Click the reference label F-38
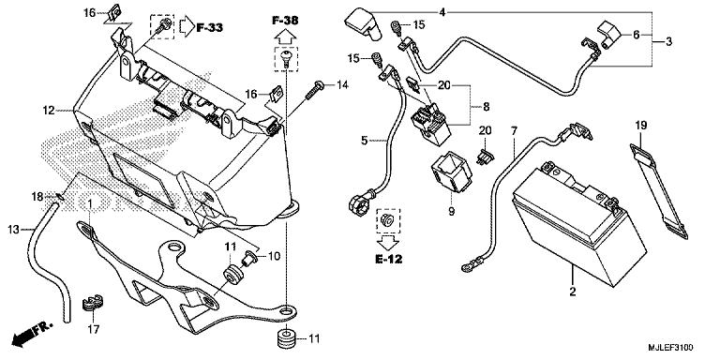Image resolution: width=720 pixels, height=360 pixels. [286, 20]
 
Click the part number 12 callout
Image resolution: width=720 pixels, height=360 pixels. [46, 111]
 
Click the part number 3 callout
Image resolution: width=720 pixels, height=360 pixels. [668, 43]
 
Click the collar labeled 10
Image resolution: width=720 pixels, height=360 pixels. [248, 255]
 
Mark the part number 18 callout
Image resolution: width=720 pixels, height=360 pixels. [37, 196]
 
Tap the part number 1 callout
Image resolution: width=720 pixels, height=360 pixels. [89, 203]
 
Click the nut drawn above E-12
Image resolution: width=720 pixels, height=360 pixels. [382, 220]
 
